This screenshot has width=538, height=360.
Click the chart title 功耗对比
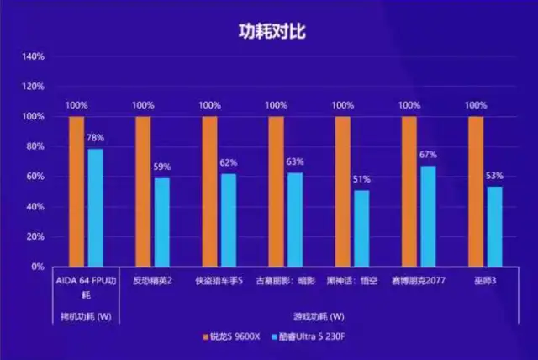click(270, 31)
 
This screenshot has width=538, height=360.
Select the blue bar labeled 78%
click(95, 207)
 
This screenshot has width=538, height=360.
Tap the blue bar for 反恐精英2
click(161, 221)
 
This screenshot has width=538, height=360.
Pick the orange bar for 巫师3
click(476, 191)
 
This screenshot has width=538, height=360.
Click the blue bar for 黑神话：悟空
click(361, 228)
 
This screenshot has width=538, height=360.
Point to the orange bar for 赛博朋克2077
click(409, 191)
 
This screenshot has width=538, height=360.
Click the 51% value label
click(361, 179)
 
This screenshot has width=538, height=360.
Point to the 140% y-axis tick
click(33, 56)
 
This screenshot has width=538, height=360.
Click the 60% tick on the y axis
click(34, 177)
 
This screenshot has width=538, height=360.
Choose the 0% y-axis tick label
click(38, 267)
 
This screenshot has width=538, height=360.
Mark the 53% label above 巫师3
click(494, 176)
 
